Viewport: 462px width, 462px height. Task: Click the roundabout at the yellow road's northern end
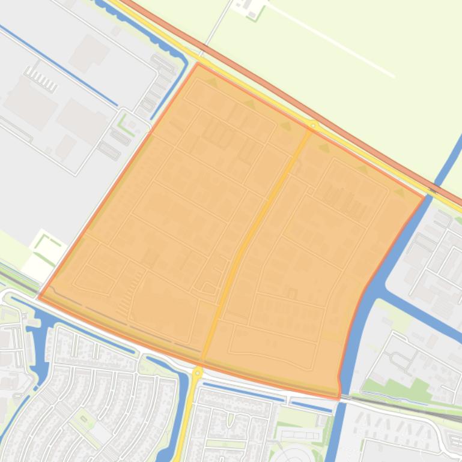(313, 125)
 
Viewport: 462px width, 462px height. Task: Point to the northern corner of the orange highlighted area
(198, 63)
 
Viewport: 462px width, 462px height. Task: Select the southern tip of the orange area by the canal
(339, 397)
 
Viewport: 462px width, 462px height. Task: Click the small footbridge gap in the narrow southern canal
(287, 399)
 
